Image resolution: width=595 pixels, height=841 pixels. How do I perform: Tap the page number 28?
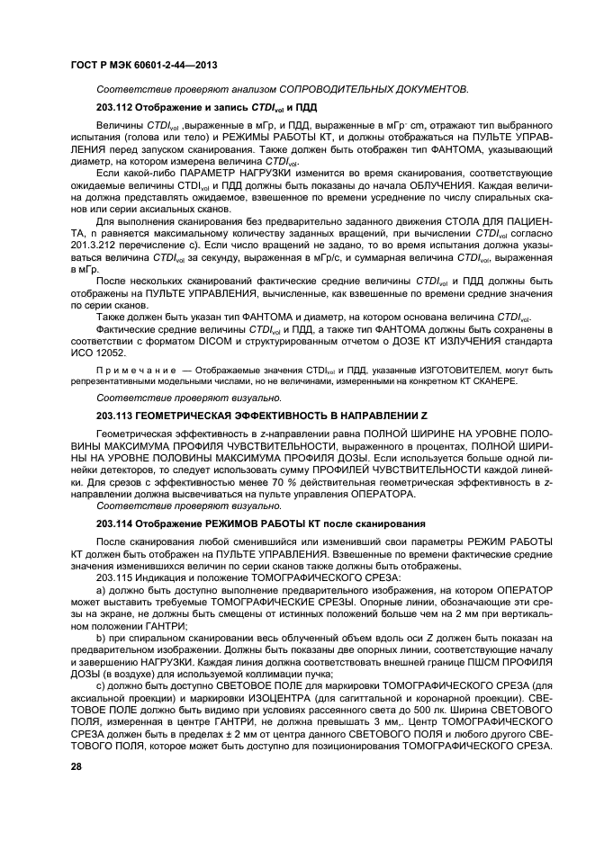[76, 765]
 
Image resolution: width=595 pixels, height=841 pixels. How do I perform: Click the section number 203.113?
[113, 416]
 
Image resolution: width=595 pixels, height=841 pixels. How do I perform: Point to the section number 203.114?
[113, 523]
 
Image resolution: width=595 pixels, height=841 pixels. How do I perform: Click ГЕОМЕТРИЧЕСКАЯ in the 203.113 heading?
[197, 416]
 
